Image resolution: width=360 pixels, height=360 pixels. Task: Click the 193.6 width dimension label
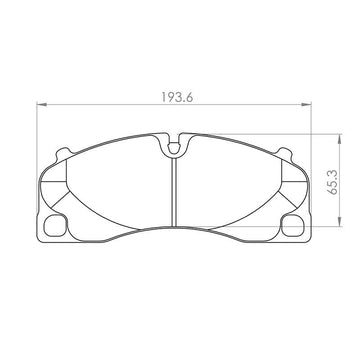(177, 97)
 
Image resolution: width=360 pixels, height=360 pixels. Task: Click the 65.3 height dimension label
(333, 182)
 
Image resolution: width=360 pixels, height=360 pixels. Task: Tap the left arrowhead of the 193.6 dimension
(41, 105)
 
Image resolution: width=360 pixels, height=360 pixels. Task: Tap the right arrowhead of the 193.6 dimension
(306, 105)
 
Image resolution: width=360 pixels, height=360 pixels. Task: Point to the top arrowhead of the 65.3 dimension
(339, 139)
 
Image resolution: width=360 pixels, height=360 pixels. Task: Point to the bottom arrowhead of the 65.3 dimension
(339, 222)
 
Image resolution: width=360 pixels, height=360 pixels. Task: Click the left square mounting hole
(55, 226)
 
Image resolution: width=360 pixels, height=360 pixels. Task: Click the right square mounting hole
(293, 226)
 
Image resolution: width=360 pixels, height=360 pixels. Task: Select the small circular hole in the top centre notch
(174, 147)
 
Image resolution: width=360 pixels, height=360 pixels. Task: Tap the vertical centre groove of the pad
(173, 192)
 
